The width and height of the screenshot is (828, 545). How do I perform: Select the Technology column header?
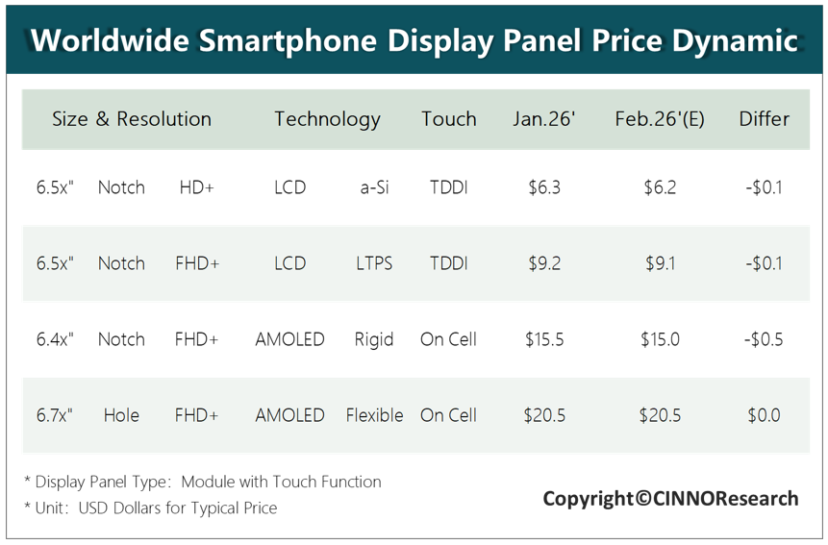[327, 120]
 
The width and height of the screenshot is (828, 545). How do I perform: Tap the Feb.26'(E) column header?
[660, 119]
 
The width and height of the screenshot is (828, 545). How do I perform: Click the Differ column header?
[765, 118]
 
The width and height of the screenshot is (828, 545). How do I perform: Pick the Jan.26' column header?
[544, 118]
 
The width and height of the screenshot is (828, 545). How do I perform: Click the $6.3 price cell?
[544, 187]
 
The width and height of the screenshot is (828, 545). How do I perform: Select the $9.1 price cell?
[660, 263]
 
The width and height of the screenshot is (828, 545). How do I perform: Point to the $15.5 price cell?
[544, 339]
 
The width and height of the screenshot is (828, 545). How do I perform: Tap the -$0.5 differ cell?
[764, 339]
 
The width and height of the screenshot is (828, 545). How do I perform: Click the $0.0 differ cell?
[764, 415]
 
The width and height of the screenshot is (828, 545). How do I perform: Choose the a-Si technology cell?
[374, 187]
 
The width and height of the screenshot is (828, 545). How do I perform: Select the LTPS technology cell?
[374, 263]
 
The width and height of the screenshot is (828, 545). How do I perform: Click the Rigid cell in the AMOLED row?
[374, 339]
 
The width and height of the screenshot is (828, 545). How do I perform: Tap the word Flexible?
[374, 415]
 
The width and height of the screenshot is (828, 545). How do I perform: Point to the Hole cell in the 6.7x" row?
[121, 415]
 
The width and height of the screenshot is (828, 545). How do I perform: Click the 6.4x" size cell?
[55, 339]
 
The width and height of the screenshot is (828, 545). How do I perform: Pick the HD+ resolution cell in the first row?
[196, 187]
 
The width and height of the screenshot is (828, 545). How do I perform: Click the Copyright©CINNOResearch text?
[670, 499]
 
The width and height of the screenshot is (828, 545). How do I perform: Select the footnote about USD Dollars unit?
[150, 508]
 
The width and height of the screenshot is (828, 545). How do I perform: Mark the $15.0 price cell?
[660, 339]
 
